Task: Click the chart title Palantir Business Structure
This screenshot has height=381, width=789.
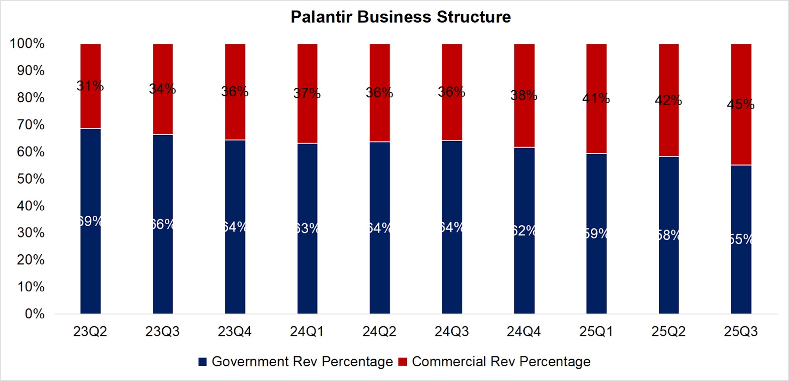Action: [x=400, y=17]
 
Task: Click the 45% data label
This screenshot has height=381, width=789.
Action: [x=741, y=105]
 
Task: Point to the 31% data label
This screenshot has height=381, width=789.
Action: [x=90, y=86]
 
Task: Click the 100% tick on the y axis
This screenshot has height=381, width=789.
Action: [x=27, y=43]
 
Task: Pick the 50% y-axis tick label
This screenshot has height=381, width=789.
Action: [x=30, y=179]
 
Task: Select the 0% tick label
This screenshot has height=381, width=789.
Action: [x=34, y=314]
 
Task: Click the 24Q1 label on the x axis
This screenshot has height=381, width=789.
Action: [x=307, y=332]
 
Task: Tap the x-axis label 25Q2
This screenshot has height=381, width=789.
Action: [x=668, y=332]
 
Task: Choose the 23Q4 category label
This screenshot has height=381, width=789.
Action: [x=235, y=332]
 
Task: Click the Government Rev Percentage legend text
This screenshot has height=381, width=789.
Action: [x=302, y=362]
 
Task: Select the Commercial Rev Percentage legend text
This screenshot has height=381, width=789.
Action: [x=501, y=362]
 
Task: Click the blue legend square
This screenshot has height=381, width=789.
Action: [x=202, y=362]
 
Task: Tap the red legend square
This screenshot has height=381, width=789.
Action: [x=402, y=362]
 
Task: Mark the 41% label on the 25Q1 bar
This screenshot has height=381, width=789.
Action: [x=596, y=99]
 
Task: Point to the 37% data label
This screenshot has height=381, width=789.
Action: [x=307, y=93]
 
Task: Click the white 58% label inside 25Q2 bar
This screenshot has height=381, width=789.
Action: [x=669, y=235]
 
